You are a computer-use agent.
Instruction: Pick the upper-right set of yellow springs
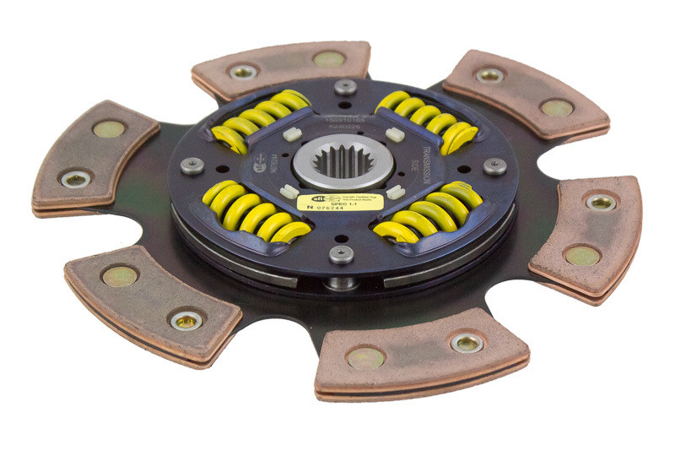pyautogui.click(x=429, y=120)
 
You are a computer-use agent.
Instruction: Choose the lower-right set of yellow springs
pyautogui.click(x=430, y=215)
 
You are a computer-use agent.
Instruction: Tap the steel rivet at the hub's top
pyautogui.click(x=344, y=86)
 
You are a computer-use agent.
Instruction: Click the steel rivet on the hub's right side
pyautogui.click(x=494, y=165)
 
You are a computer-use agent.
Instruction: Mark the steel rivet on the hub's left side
pyautogui.click(x=192, y=165)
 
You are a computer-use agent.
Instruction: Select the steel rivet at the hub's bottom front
pyautogui.click(x=342, y=254)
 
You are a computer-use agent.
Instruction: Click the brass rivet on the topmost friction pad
pyautogui.click(x=328, y=59)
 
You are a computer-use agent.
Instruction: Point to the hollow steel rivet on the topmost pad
pyautogui.click(x=242, y=72)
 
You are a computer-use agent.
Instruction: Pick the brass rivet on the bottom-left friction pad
pyautogui.click(x=119, y=276)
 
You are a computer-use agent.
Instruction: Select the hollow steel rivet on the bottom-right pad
pyautogui.click(x=467, y=342)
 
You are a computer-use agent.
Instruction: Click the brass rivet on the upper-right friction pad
pyautogui.click(x=556, y=108)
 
